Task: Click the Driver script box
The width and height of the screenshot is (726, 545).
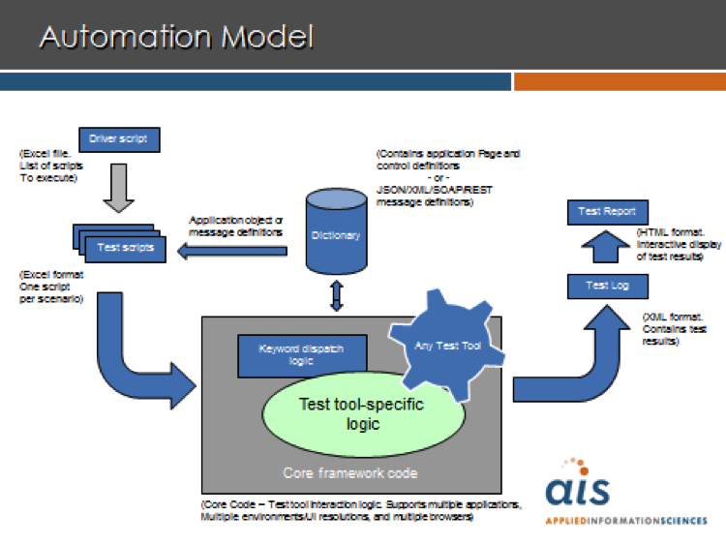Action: [x=119, y=139]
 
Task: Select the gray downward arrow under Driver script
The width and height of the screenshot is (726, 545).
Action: [x=119, y=188]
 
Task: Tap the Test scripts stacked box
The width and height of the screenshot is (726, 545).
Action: [x=119, y=244]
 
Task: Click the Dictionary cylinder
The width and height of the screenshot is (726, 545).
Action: [x=337, y=231]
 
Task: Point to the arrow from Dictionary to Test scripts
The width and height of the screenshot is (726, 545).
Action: [x=232, y=252]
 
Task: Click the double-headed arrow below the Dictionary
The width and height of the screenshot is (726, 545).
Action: [x=337, y=295]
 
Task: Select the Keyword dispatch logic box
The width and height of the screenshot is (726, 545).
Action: [x=302, y=355]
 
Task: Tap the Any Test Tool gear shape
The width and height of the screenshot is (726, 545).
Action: [x=447, y=346]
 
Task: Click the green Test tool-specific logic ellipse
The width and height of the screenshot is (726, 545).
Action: [x=363, y=414]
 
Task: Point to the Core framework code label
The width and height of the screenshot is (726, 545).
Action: [x=350, y=472]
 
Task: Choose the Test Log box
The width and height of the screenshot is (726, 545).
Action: [x=608, y=287]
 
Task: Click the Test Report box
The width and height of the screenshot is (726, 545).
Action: [x=608, y=212]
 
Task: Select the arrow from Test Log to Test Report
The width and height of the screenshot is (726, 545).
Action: [x=605, y=247]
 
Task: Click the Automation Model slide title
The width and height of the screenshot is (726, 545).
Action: [x=176, y=37]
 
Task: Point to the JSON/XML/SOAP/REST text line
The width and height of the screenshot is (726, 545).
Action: [x=435, y=190]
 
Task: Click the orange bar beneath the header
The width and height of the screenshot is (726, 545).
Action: [x=620, y=81]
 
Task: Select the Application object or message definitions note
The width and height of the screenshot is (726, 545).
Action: [x=235, y=227]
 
